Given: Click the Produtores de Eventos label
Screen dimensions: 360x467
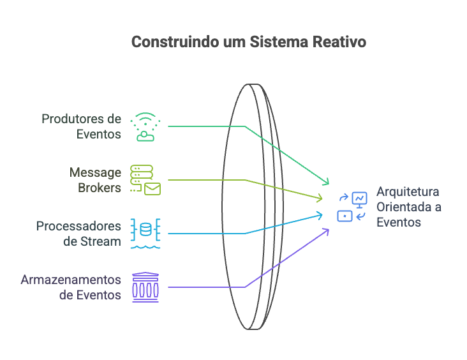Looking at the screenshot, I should (81, 126).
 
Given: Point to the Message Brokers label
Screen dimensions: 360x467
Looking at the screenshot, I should (96, 180).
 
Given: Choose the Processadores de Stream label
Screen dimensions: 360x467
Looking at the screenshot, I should (78, 234).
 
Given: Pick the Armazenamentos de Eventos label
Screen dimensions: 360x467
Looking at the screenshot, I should (71, 287).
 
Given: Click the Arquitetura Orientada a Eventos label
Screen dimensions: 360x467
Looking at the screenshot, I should (409, 207).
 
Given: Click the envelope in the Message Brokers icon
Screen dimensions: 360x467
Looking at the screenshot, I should (152, 188).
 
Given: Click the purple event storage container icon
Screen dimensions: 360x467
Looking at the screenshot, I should (145, 287).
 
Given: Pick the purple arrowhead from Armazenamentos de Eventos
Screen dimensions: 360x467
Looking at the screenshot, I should (326, 230).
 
